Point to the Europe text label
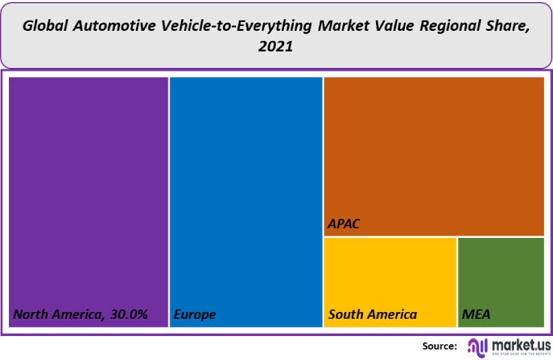195,315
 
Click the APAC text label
344,224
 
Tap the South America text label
373,315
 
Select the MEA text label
476,315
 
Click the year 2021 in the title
276,47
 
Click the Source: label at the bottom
440,346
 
